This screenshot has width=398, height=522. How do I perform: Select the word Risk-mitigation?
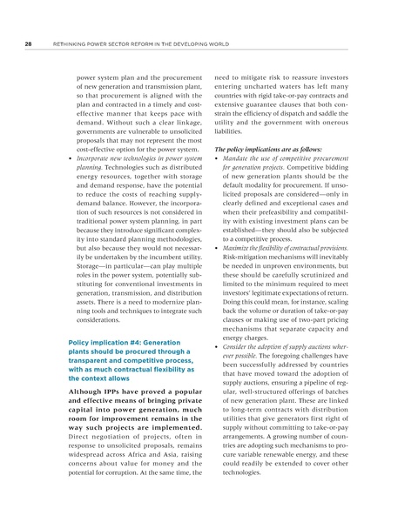247,259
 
